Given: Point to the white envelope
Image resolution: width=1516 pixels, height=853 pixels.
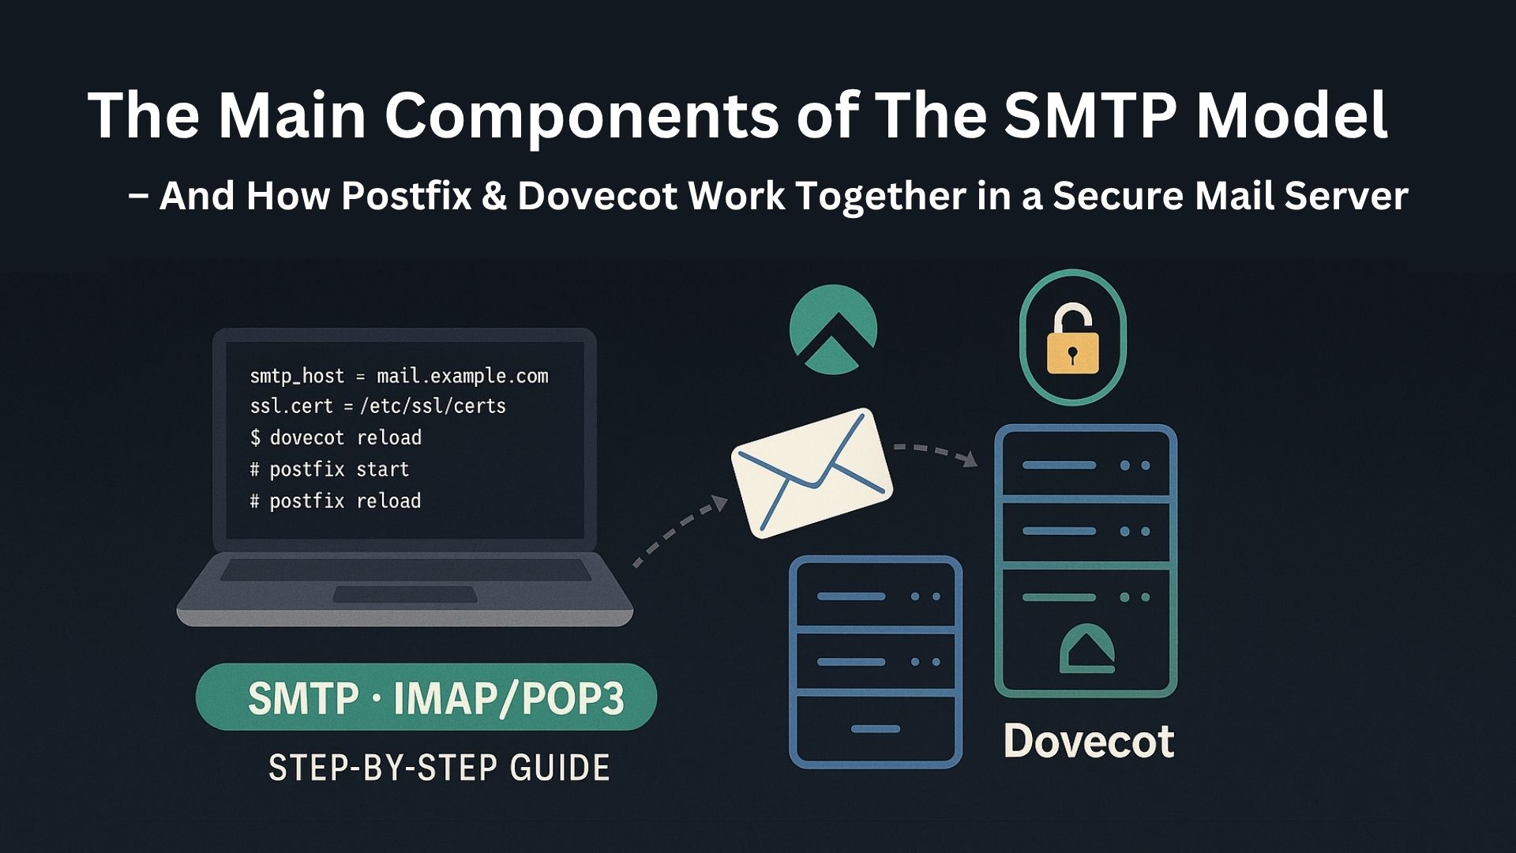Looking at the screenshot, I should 812,472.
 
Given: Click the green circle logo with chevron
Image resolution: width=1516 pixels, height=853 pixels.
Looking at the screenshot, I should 833,329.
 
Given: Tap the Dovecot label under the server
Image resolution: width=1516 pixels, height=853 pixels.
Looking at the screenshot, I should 1088,741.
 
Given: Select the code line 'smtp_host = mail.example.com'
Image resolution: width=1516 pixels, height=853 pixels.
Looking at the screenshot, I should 399,376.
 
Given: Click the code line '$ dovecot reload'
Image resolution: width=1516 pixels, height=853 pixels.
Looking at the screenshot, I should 336,438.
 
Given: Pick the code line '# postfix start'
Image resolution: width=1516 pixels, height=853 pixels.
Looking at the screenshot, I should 329,469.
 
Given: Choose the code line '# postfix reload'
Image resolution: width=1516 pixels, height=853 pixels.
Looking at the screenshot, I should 336,501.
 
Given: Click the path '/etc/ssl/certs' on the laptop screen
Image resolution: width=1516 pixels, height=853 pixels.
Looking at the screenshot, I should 433,406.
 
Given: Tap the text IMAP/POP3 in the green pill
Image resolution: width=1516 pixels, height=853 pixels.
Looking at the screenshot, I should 508,698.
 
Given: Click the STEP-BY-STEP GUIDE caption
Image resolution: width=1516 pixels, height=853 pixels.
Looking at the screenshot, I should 439,768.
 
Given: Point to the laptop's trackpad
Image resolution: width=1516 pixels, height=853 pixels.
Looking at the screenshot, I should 404,594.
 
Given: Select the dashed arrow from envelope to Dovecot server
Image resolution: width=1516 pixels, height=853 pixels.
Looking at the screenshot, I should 936,453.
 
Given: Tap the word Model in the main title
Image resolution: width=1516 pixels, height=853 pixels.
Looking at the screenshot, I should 1292,115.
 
